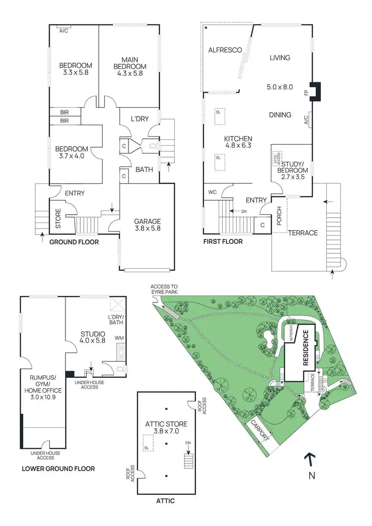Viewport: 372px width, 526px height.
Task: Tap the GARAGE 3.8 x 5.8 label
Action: pyautogui.click(x=147, y=225)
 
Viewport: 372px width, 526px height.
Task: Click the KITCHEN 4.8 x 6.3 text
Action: pyautogui.click(x=239, y=142)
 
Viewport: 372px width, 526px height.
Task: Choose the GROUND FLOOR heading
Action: pyautogui.click(x=74, y=242)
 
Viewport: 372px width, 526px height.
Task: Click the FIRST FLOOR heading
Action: pyautogui.click(x=223, y=242)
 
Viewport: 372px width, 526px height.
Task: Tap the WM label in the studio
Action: pyautogui.click(x=119, y=338)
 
